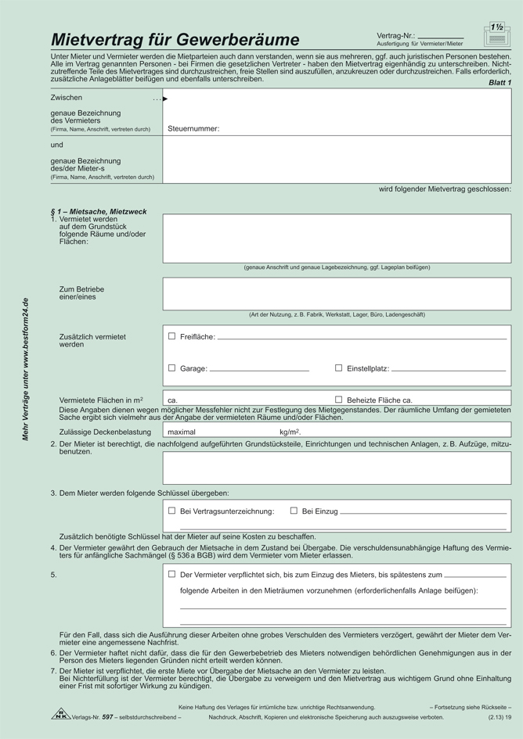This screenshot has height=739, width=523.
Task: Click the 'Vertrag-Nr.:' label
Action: [x=395, y=36]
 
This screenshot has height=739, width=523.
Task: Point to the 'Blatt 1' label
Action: [x=500, y=82]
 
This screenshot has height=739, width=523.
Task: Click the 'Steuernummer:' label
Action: [x=193, y=128]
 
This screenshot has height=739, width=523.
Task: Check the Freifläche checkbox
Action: [x=171, y=336]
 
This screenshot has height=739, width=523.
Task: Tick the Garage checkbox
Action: [x=171, y=368]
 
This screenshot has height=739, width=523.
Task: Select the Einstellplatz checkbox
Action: [x=338, y=368]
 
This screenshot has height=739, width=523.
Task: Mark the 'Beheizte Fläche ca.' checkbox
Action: [x=338, y=400]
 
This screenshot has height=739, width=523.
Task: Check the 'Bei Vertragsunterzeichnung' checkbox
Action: [x=171, y=511]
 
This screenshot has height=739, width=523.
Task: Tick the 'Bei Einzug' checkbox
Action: [x=294, y=511]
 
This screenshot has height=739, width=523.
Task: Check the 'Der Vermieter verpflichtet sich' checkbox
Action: [x=171, y=574]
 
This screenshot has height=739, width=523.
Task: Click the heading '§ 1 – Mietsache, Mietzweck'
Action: [x=98, y=212]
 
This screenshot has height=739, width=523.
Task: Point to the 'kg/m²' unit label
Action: [x=290, y=432]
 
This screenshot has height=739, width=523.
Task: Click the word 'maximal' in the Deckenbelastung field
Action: [x=182, y=432]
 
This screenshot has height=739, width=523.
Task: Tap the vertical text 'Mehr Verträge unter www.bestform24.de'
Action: [x=25, y=369]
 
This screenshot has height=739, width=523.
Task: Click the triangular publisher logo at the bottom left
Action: [x=61, y=714]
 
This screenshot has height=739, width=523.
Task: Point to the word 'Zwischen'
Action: [x=67, y=99]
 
